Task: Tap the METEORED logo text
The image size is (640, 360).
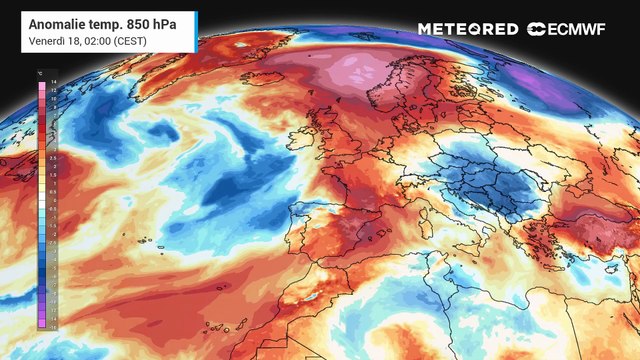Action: (468, 29)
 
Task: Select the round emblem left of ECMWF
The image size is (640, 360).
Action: (537, 29)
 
